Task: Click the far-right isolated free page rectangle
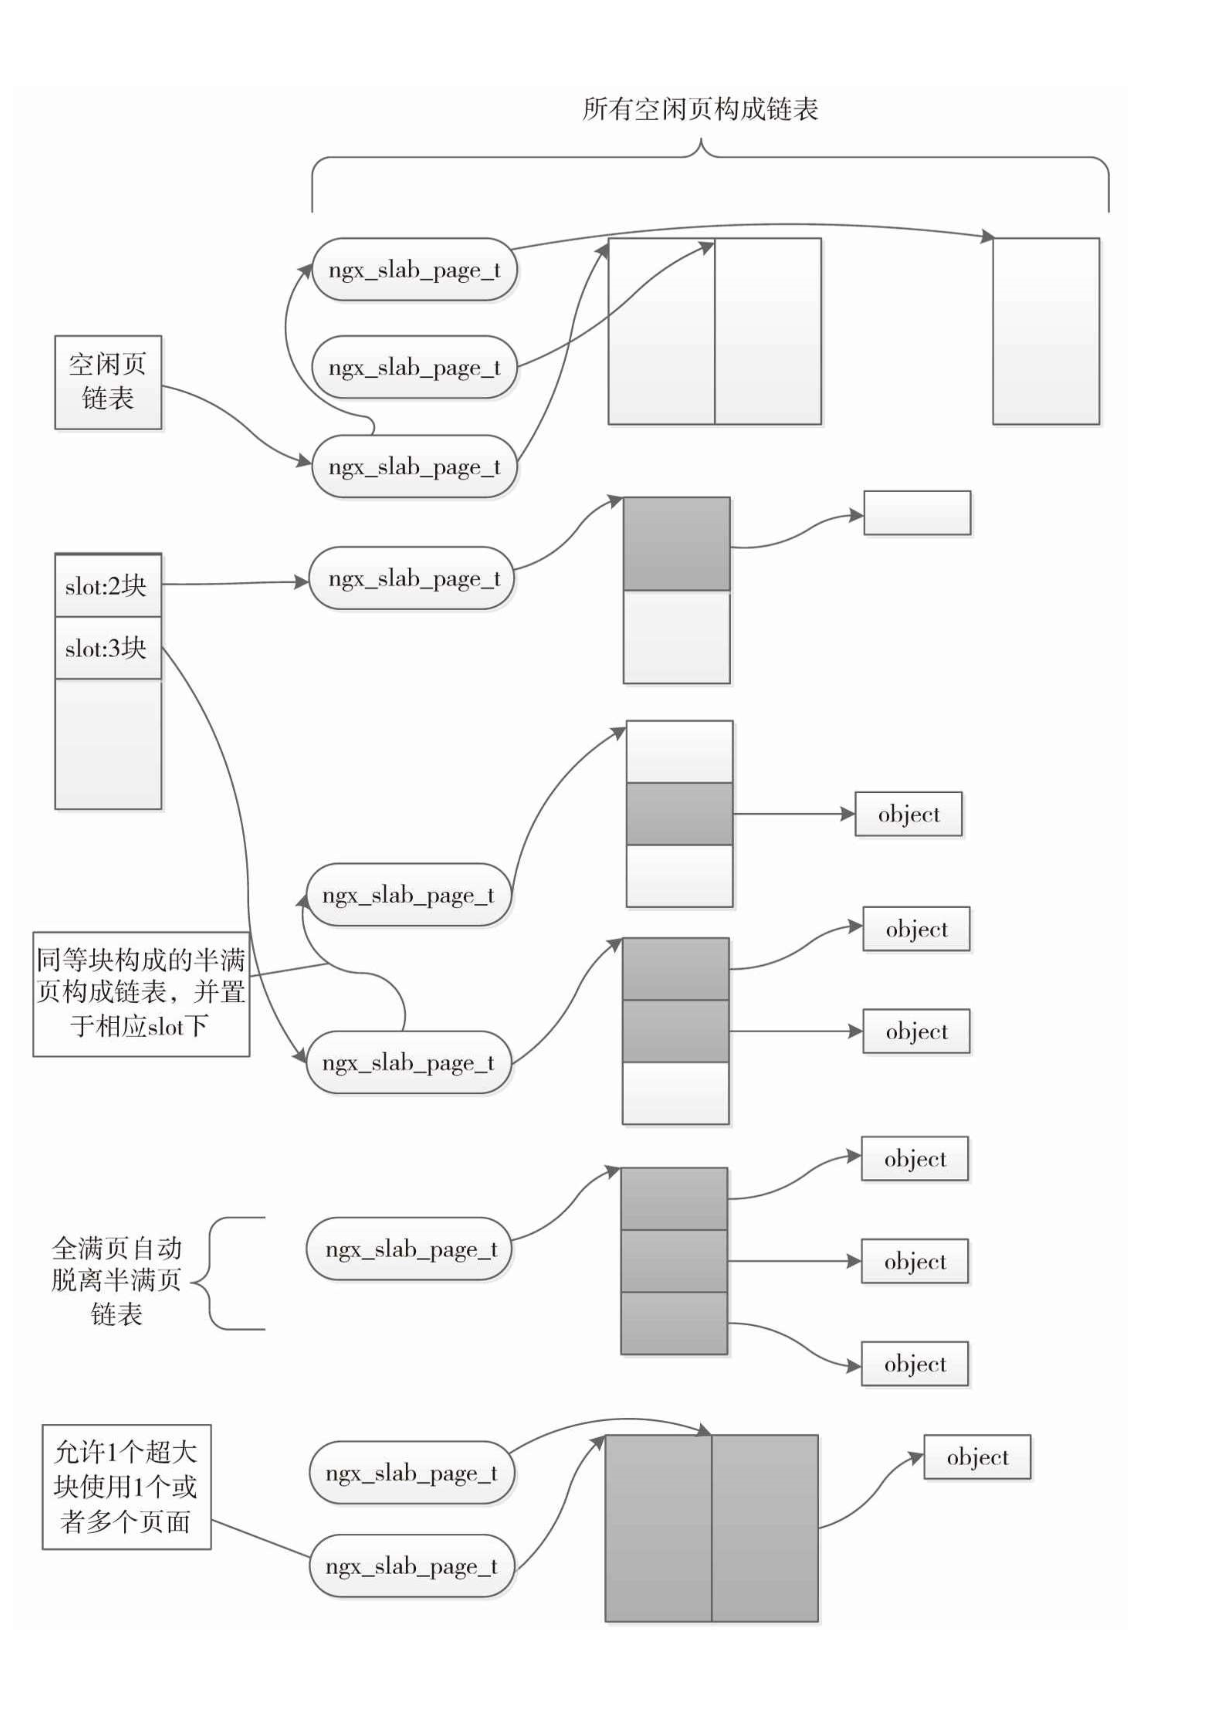coord(1046,331)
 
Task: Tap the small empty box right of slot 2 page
coord(917,513)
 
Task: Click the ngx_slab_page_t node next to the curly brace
coord(410,1249)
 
